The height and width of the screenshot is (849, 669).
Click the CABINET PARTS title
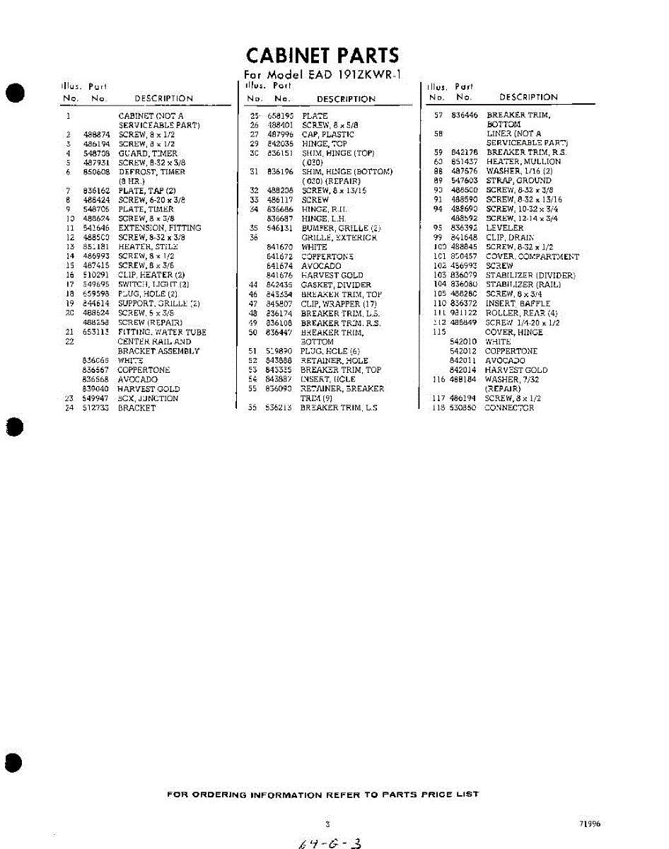pyautogui.click(x=322, y=55)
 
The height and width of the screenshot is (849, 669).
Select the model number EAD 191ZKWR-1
pyautogui.click(x=347, y=75)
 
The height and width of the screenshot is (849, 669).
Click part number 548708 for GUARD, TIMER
pyautogui.click(x=96, y=153)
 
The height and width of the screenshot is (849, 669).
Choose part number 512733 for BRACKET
pyautogui.click(x=96, y=408)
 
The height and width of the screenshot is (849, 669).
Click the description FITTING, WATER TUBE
pyautogui.click(x=162, y=332)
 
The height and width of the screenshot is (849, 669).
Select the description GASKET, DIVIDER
pyautogui.click(x=335, y=285)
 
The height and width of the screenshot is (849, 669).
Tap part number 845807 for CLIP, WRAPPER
pyautogui.click(x=279, y=304)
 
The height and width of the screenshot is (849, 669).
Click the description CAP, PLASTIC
pyautogui.click(x=327, y=134)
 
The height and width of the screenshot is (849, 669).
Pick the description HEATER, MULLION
pyautogui.click(x=523, y=161)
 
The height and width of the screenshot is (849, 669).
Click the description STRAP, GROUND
pyautogui.click(x=518, y=180)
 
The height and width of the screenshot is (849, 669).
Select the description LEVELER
pyautogui.click(x=504, y=229)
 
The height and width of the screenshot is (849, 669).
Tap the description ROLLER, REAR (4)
pyautogui.click(x=521, y=313)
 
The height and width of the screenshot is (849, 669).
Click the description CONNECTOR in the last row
pyautogui.click(x=509, y=408)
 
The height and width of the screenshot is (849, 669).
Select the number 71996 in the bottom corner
pyautogui.click(x=589, y=824)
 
